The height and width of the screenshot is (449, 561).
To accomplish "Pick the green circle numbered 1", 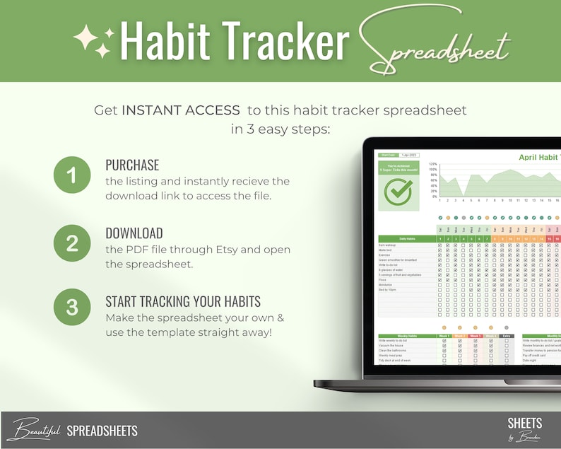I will [72, 175].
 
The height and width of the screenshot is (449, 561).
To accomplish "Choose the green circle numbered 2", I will [72, 243].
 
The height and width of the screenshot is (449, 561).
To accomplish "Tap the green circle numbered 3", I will [72, 308].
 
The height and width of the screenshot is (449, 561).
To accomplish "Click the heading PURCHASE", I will [133, 165].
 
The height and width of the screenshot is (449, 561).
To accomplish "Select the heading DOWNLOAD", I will [134, 233].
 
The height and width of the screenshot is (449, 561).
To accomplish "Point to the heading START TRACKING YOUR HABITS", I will [183, 301].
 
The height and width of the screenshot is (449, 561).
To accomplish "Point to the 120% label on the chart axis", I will [432, 163].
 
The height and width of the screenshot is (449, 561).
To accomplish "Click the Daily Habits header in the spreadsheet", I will [407, 239].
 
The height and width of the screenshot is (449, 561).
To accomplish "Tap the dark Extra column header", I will [507, 337].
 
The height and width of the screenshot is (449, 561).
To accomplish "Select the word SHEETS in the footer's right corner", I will [524, 424].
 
